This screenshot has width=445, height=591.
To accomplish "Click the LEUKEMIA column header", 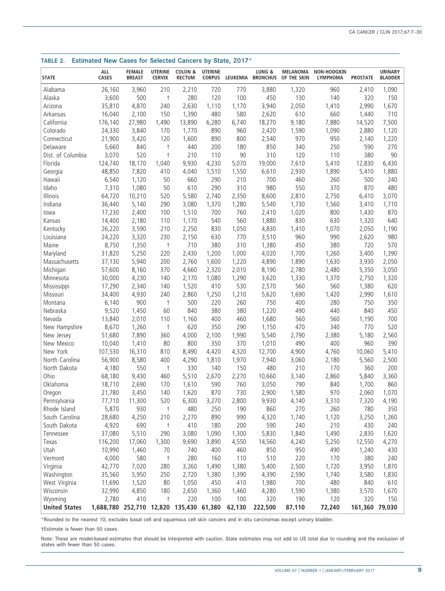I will (x=237, y=78).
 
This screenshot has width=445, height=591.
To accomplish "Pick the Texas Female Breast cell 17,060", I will (x=134, y=442).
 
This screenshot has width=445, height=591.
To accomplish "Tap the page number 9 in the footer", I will (x=419, y=570).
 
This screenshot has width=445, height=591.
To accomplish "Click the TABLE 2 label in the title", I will (x=53, y=61).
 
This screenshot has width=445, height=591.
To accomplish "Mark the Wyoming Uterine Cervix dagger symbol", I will (x=168, y=499).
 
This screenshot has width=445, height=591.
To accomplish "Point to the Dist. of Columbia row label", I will (x=65, y=155).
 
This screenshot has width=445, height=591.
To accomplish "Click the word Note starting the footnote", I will (x=46, y=539).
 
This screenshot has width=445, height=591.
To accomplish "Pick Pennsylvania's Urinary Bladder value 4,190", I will (x=390, y=401).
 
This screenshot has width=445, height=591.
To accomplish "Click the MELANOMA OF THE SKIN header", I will (x=295, y=75).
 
